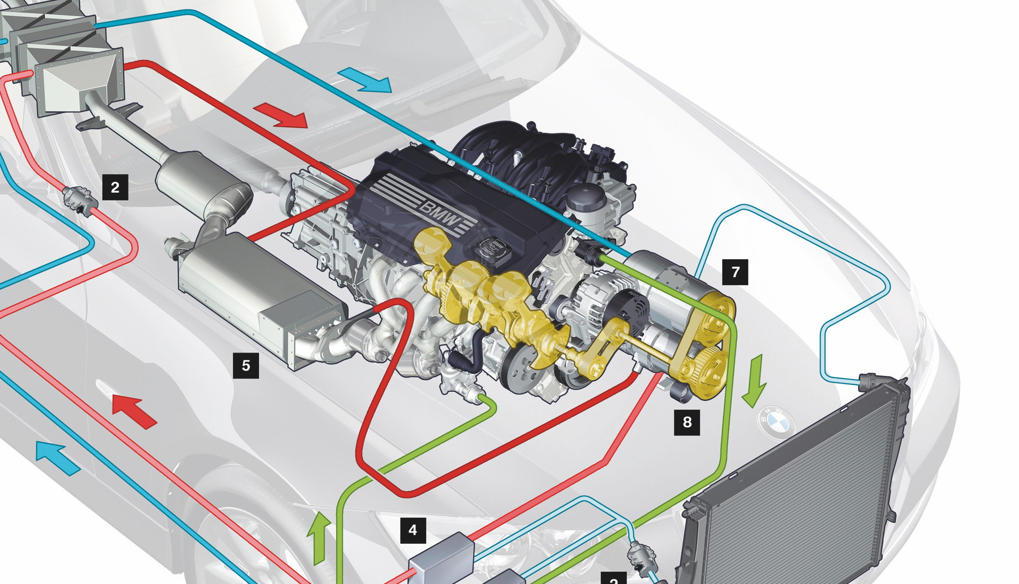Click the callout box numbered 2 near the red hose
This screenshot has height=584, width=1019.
[x=115, y=187]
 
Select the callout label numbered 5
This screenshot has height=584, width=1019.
[x=246, y=365]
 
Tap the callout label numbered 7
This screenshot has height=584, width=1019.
[x=735, y=272]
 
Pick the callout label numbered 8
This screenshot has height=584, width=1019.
[x=687, y=422]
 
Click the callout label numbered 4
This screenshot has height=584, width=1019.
[x=413, y=530]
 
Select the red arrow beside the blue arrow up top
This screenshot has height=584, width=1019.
[x=281, y=116]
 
